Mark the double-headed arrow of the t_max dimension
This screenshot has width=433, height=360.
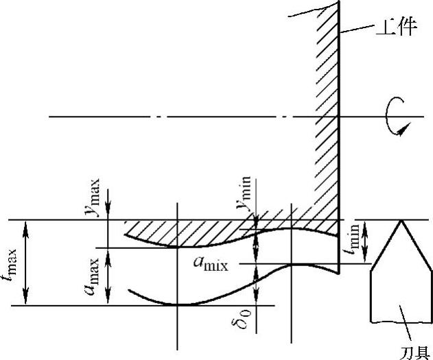27,263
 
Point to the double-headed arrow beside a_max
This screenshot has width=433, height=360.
108,276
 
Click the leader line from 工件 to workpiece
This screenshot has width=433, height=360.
357,30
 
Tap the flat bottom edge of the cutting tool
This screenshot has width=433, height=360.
399,321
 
